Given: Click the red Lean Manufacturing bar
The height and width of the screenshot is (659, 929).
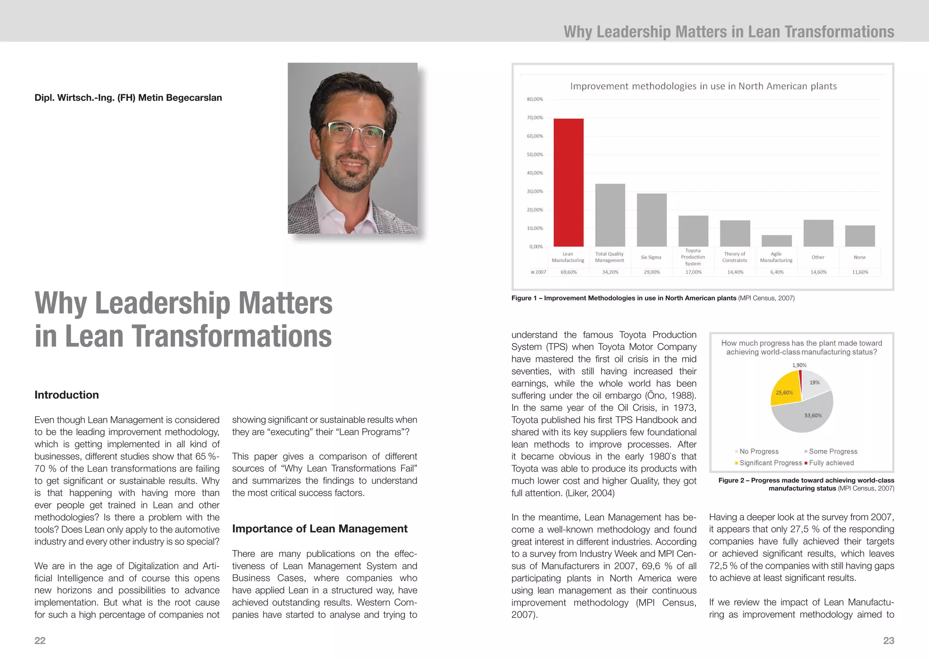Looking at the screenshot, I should pos(568,182).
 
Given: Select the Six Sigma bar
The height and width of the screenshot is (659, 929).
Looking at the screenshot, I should pos(651,220).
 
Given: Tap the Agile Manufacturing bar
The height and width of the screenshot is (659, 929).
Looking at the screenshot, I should pos(777,241).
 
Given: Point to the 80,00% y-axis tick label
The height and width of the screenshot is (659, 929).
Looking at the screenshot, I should pos(535,99).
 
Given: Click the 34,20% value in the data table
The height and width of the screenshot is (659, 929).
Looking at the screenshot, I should pos(610,272).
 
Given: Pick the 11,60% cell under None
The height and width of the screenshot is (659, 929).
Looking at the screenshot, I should pos(860,272).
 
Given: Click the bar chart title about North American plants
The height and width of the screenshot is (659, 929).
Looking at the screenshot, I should pos(703,86).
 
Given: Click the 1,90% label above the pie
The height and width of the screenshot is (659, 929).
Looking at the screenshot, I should pos(799,365).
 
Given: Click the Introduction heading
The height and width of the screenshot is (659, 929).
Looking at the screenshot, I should pos(67,395).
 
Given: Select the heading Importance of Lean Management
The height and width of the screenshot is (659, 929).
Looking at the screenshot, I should pos(320,529).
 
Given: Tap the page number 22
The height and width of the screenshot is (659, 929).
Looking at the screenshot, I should pos(40,640).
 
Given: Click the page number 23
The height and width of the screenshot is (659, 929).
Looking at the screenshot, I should pos(889,640).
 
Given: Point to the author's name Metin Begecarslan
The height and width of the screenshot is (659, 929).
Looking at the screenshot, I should pos(128,98).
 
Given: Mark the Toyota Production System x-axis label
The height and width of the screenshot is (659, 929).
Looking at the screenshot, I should pos(693,257).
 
